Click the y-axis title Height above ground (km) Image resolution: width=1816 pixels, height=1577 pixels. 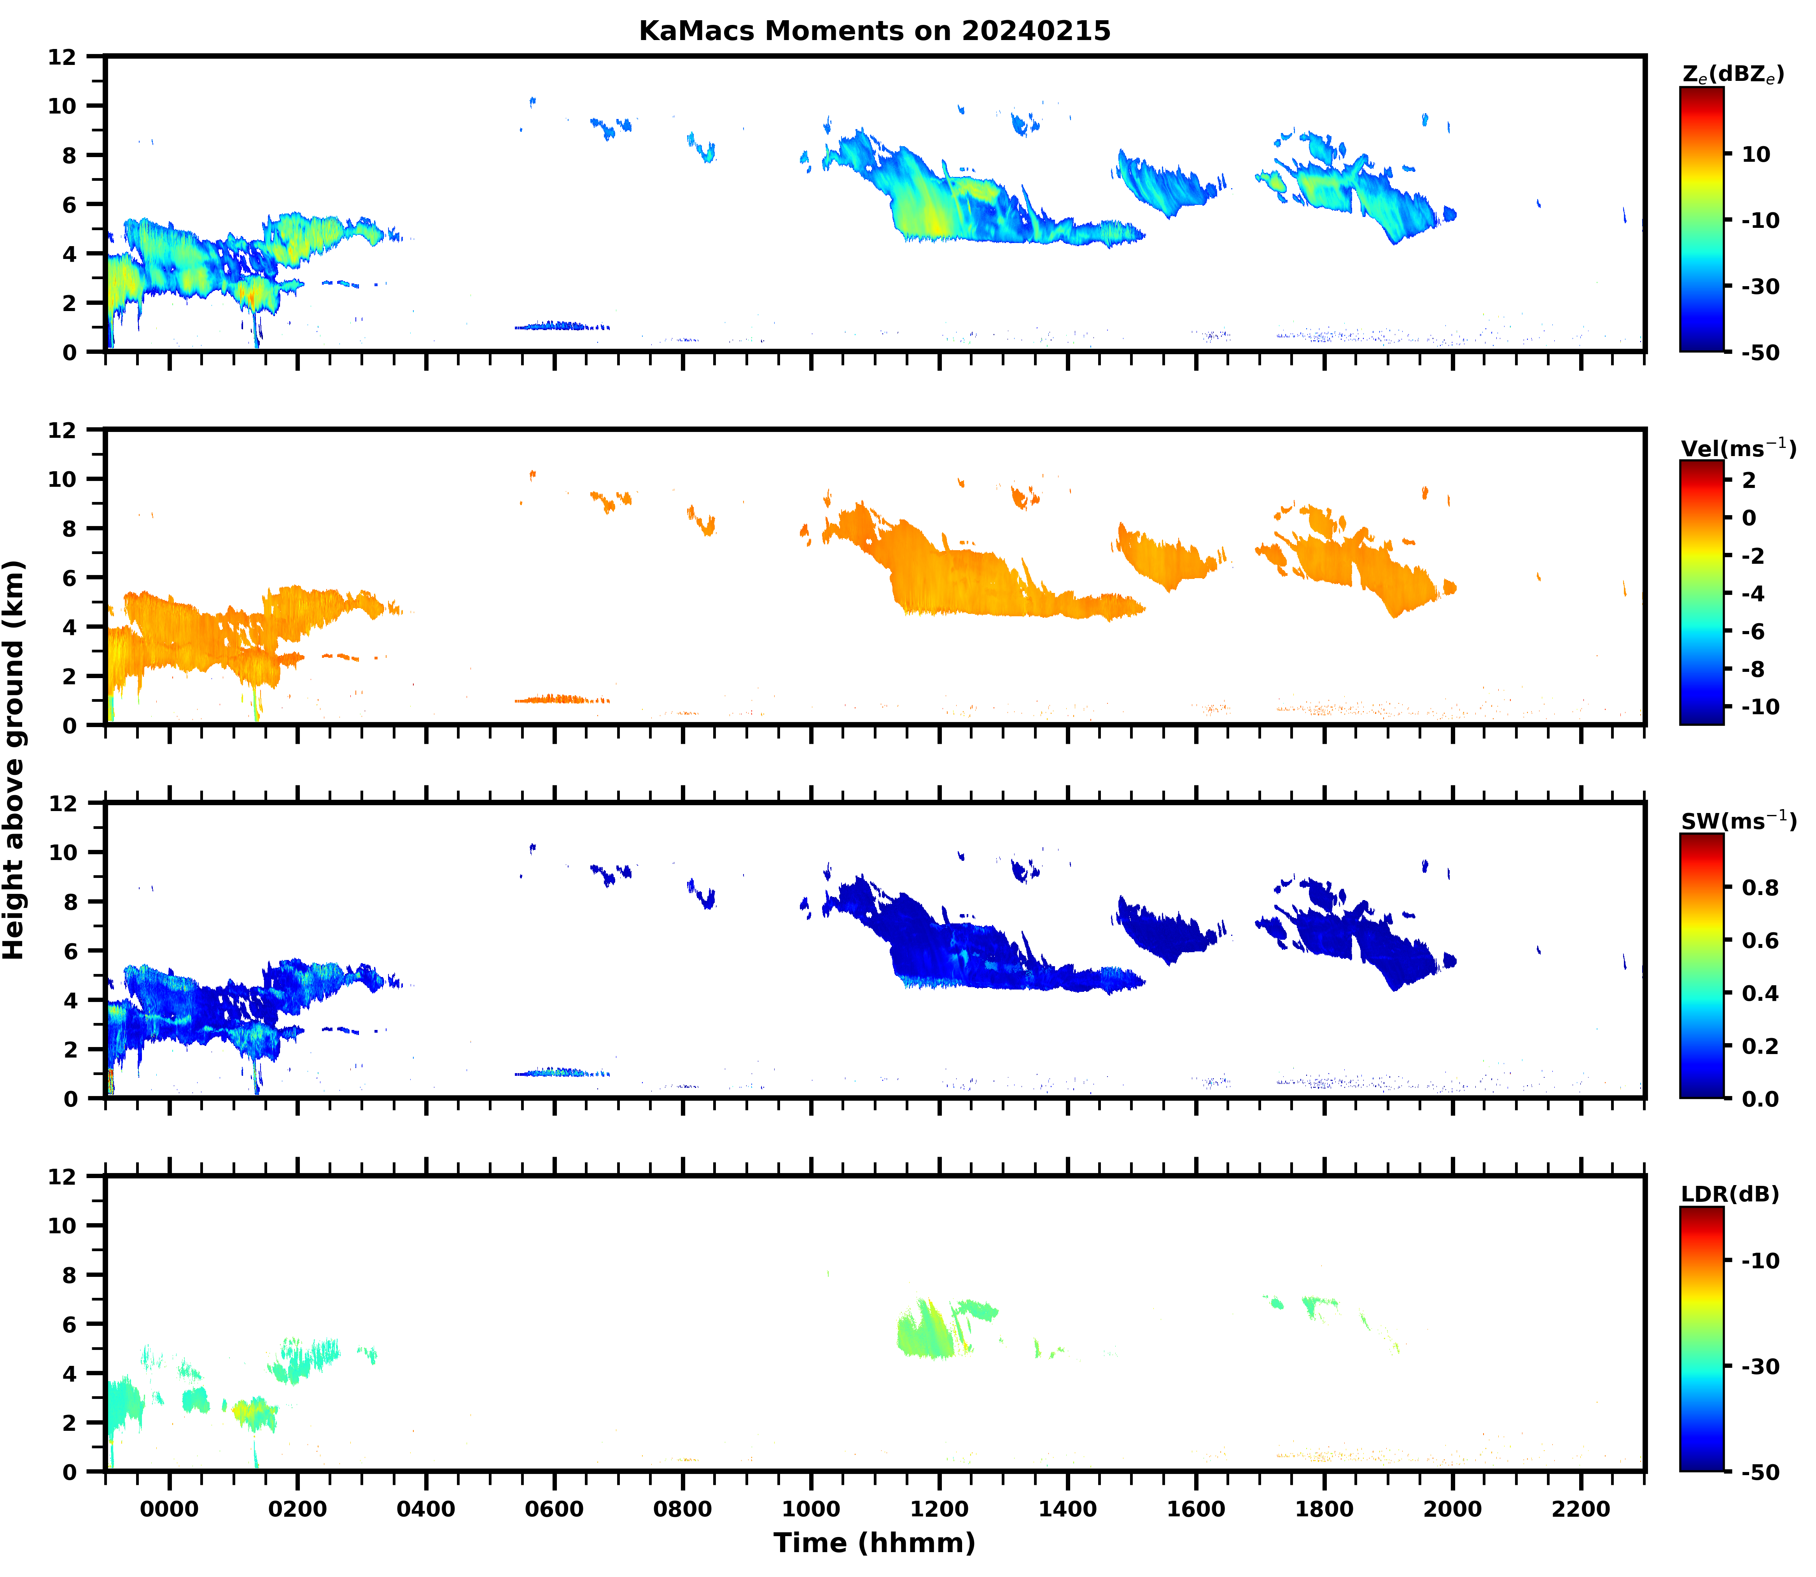[14, 759]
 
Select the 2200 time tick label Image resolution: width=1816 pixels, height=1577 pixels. [1581, 1509]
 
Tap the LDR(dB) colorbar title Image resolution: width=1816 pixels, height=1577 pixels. [1730, 1194]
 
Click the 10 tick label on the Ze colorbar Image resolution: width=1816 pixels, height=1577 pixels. [1756, 154]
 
